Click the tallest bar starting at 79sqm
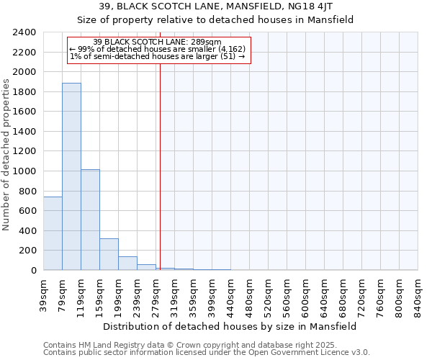pos(71,176)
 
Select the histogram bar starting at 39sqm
pos(53,233)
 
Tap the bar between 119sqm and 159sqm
pos(90,220)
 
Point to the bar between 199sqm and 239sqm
pos(127,264)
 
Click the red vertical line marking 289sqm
pos(160,166)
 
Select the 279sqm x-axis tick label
pos(156,296)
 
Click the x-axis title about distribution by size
pos(230,326)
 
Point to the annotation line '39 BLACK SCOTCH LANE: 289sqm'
pos(158,42)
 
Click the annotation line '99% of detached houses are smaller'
pos(158,49)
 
